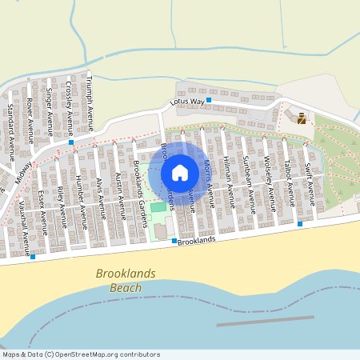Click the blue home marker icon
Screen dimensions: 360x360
click(x=180, y=173)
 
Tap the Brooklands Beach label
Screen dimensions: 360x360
click(x=126, y=280)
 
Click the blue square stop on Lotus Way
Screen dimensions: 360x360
click(x=209, y=100)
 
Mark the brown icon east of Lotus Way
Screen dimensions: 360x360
click(x=302, y=118)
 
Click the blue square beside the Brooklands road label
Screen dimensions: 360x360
click(x=174, y=241)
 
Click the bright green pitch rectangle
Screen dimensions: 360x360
click(x=158, y=207)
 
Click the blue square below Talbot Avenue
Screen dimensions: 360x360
click(x=300, y=224)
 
